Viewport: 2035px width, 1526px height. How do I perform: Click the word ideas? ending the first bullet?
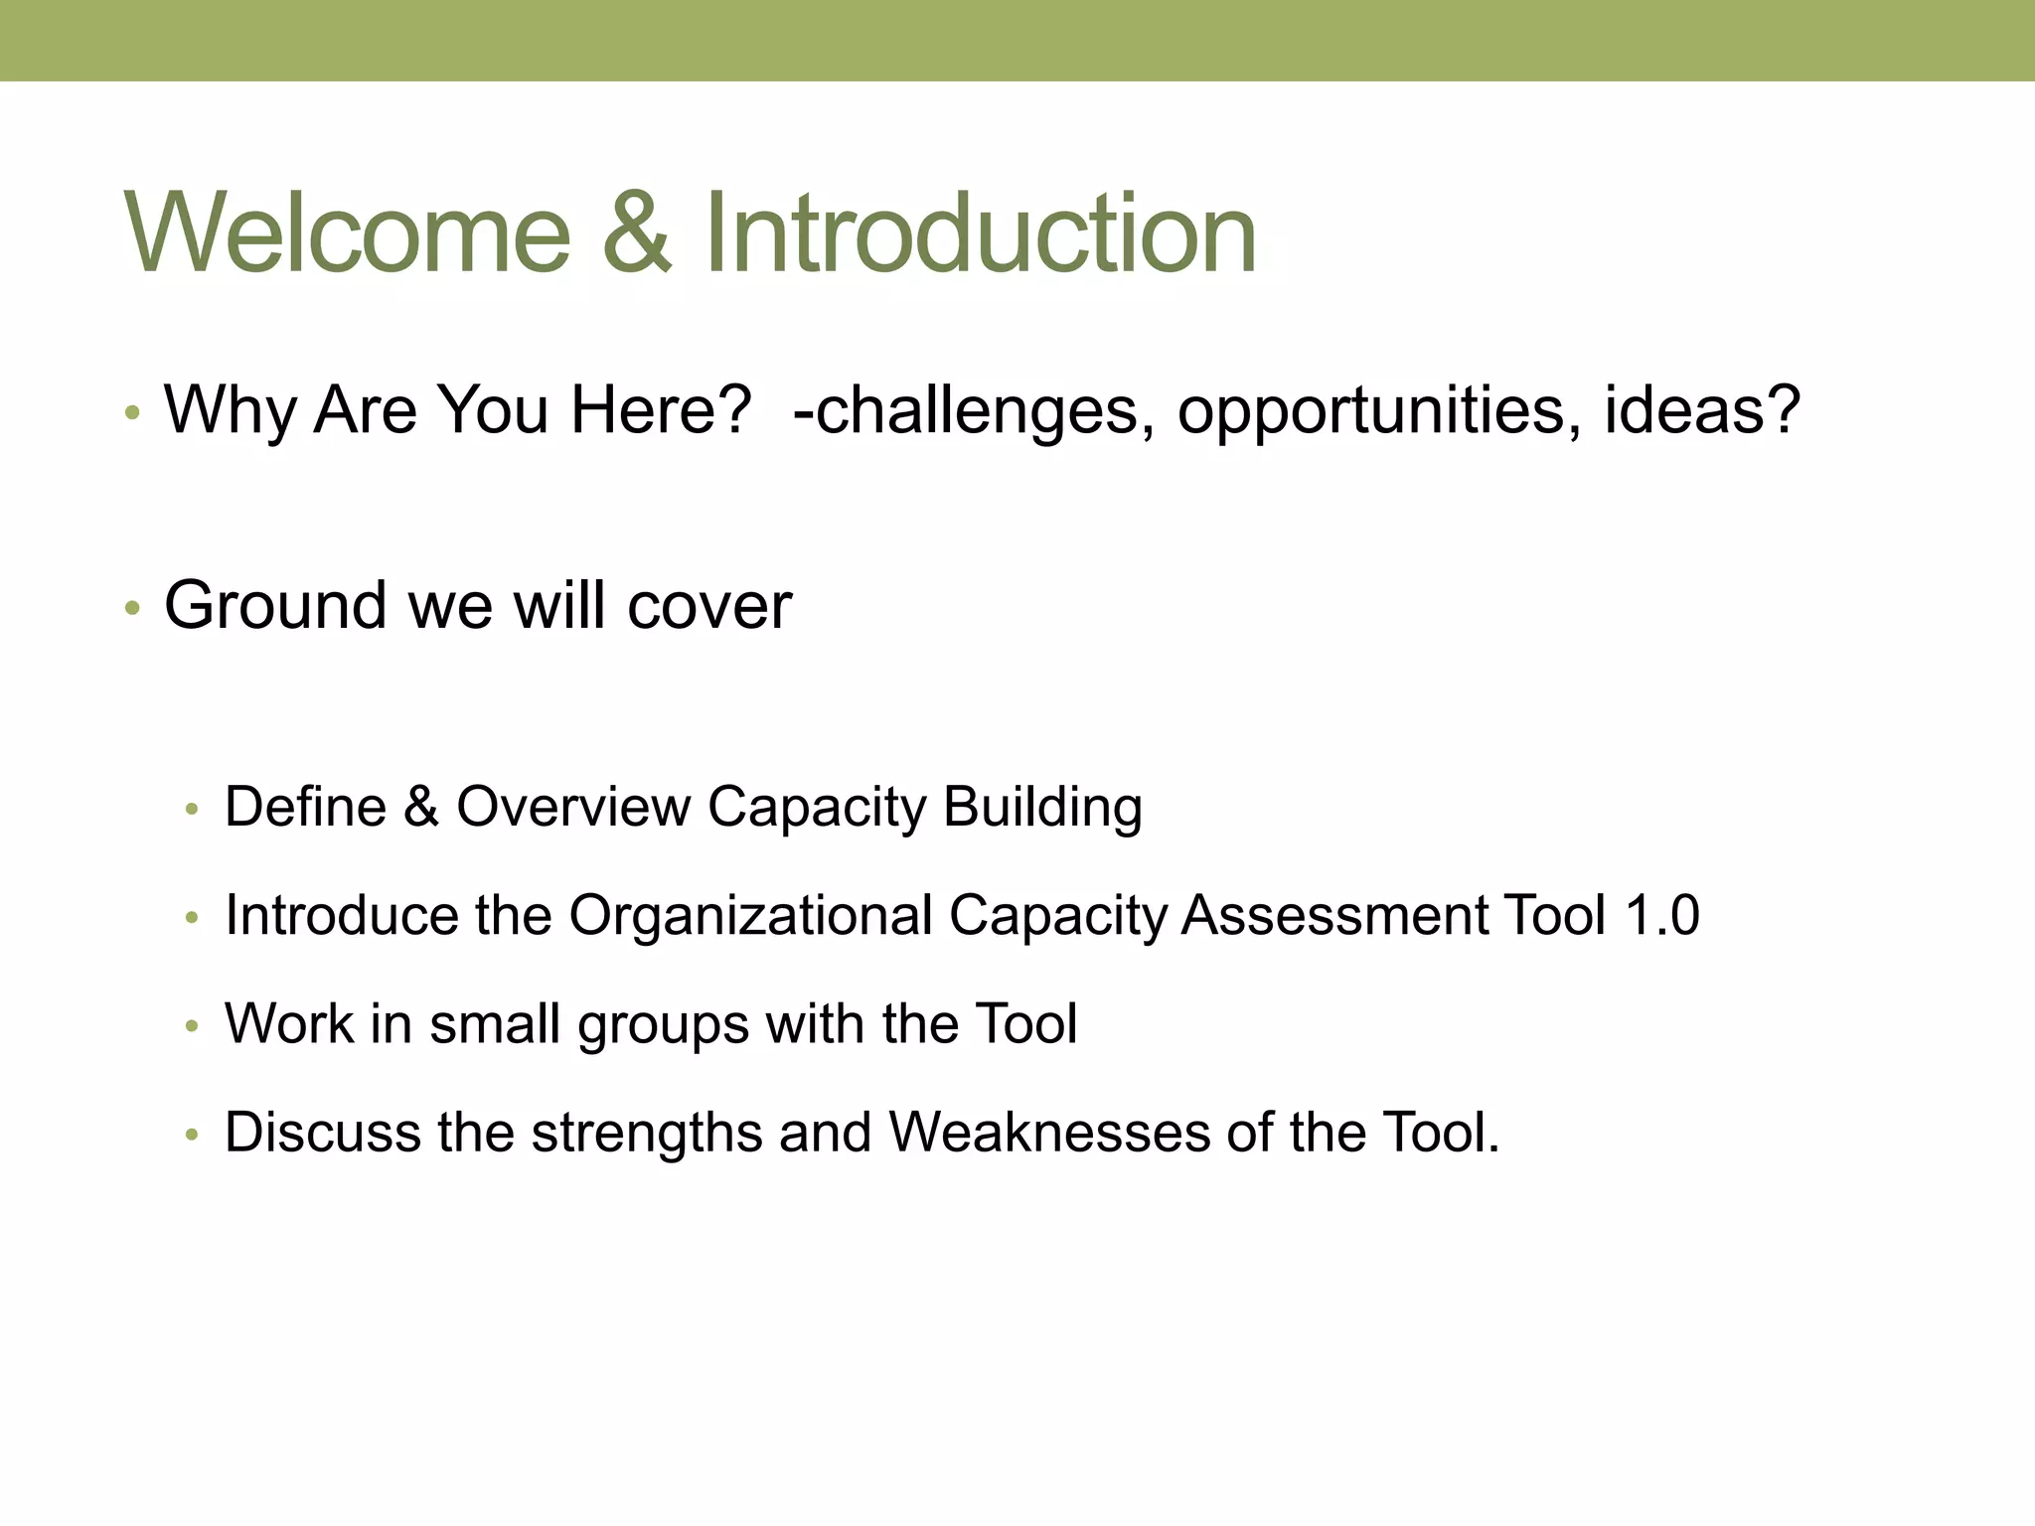1702,409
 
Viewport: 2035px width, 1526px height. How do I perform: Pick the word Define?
305,806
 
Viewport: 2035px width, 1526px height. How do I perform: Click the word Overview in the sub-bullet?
573,806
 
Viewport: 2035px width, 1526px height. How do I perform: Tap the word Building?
1042,808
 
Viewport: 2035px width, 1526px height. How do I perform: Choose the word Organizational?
750,915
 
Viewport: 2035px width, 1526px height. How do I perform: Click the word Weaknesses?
1049,1132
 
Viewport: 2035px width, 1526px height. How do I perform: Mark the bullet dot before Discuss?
193,1134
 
